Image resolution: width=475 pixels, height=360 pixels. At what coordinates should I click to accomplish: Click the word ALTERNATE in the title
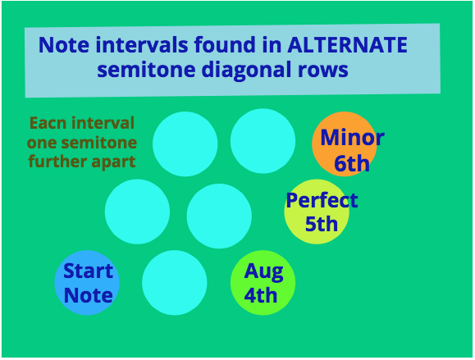pos(348,45)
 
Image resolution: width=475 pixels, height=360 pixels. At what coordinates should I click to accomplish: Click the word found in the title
pos(225,44)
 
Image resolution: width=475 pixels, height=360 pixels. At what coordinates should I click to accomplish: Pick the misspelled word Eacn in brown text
pos(48,123)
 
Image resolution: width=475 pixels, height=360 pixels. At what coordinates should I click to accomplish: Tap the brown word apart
pos(113,162)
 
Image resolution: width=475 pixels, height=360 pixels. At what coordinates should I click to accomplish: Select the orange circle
pos(345,144)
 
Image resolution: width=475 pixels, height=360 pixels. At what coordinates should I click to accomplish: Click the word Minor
pos(352,138)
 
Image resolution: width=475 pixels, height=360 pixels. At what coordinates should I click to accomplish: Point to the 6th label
pos(352,163)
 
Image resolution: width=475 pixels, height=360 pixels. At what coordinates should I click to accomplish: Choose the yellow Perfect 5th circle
pos(317,212)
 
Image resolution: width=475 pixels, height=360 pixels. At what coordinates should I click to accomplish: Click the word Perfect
pos(322,200)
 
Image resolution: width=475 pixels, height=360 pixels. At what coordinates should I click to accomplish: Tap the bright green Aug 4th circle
pos(263,282)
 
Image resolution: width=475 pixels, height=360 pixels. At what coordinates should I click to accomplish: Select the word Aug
pos(263,271)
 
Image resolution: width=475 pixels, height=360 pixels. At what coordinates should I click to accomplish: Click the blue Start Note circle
pos(87,282)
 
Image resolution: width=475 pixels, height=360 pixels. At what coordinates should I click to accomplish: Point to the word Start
pos(88,271)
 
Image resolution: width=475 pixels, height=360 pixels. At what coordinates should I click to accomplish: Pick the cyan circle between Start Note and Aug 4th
pos(175,282)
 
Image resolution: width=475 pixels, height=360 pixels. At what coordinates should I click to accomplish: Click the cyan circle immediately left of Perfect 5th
pos(219,216)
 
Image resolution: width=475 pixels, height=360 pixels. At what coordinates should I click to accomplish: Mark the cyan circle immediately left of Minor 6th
pos(263,141)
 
